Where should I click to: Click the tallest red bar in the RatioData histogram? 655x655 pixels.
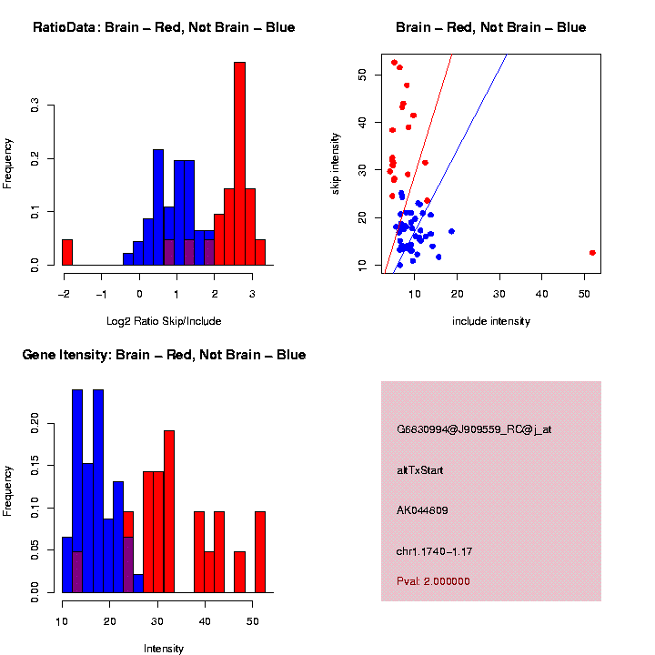239,164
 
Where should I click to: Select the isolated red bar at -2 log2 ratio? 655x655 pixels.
67,252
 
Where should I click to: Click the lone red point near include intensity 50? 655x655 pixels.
592,253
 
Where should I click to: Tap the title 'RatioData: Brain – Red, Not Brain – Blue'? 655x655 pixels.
164,28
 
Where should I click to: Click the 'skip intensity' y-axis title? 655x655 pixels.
336,163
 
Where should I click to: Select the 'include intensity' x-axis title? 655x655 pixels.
490,320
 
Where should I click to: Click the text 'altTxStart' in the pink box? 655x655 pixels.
419,470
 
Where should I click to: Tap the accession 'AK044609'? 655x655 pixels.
422,510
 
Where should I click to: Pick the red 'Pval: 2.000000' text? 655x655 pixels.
433,581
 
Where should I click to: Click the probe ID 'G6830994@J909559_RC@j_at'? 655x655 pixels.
473,429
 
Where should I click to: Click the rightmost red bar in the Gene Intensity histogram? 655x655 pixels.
260,551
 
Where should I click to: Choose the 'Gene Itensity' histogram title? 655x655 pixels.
164,355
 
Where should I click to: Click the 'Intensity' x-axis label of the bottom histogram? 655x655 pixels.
164,649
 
